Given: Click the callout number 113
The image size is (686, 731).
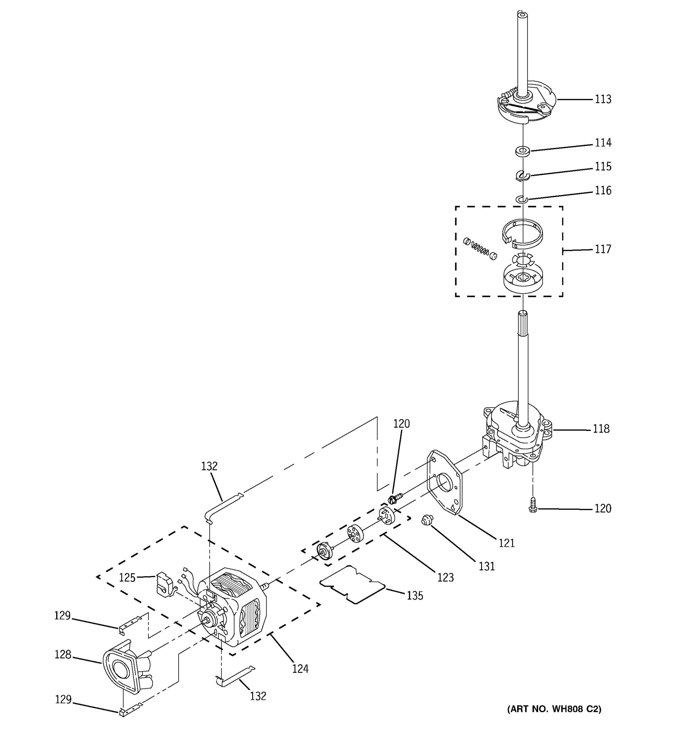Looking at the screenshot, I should (603, 99).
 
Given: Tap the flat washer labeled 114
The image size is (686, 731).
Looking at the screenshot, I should (522, 151).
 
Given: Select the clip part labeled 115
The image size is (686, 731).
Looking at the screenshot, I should (523, 176).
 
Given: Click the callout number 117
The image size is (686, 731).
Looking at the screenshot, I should (603, 249).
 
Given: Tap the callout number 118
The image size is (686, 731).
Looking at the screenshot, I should (601, 429).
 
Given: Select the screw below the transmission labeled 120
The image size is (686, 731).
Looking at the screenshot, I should (533, 504).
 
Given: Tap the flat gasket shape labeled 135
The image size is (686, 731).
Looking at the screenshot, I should (352, 585).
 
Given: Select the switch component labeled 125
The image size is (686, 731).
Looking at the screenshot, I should (165, 584).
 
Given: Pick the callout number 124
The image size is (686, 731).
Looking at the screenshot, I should (300, 669).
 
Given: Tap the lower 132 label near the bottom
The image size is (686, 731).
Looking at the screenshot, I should (258, 696).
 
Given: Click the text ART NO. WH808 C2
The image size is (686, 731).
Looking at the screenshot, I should (554, 709).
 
